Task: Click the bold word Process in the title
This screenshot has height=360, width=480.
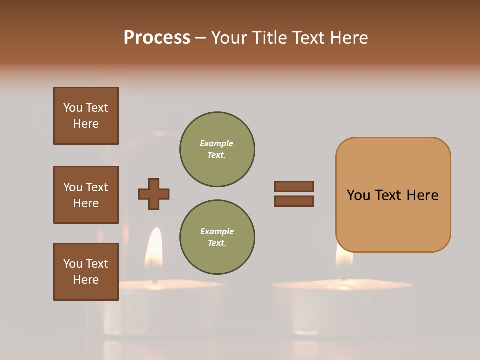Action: point(157,37)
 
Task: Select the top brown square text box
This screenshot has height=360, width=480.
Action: point(86,116)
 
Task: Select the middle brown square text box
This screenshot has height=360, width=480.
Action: point(86,195)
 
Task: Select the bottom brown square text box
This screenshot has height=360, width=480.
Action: point(86,271)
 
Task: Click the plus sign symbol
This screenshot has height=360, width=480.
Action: point(154,194)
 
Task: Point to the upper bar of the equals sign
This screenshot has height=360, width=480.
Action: point(294,186)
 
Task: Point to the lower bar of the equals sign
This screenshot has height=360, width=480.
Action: point(294,201)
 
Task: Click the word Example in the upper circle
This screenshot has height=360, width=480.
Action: point(216,143)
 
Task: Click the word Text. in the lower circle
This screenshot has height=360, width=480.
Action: point(217,243)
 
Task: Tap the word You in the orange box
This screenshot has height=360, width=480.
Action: point(358,195)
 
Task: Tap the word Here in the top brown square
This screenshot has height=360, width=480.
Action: point(86,124)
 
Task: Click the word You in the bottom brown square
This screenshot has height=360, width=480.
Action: point(73,264)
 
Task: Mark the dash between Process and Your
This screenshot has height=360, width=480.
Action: point(200,38)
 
